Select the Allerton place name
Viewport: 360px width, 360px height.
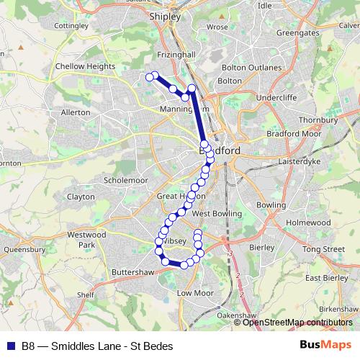[x=76, y=112]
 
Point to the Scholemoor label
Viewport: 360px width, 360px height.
[x=126, y=179]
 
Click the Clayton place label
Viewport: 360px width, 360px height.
[x=81, y=196]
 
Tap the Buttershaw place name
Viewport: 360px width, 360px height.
[x=133, y=273]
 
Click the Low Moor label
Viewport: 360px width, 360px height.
[x=194, y=293]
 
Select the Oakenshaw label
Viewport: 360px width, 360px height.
[x=236, y=315]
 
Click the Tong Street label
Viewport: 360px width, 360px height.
[x=323, y=249]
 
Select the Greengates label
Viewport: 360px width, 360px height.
[x=297, y=32]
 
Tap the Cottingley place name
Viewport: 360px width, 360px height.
[x=71, y=25]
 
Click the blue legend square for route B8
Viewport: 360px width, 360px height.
[x=10, y=346]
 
